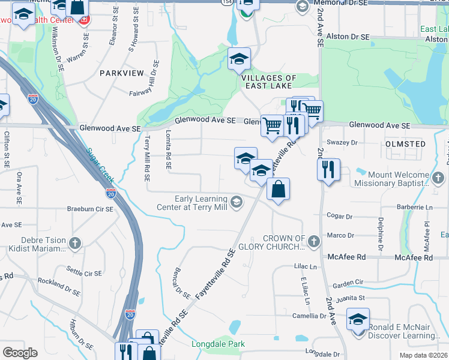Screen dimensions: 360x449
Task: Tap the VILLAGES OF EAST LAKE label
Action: [x=268, y=82]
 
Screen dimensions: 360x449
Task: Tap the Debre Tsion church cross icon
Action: [x=75, y=244]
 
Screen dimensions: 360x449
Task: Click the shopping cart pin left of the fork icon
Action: [x=272, y=125]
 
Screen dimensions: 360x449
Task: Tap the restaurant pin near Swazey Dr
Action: [x=328, y=169]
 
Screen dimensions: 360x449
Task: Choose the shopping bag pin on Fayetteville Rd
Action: [x=278, y=190]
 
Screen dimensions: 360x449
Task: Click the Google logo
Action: [x=20, y=353]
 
